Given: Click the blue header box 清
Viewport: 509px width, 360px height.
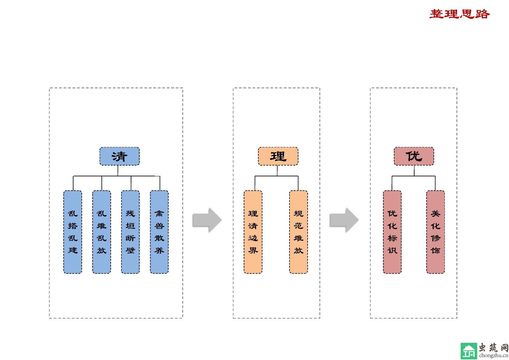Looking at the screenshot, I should click(x=119, y=156).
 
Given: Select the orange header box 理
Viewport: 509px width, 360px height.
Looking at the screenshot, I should click(x=278, y=156).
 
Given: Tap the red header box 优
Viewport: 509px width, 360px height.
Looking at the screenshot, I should click(x=414, y=156).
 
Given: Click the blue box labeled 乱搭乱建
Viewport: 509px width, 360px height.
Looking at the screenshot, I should click(x=73, y=232).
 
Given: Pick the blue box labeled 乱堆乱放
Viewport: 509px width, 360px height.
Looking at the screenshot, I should click(x=101, y=232).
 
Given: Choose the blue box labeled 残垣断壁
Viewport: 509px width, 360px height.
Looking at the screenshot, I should click(x=130, y=232).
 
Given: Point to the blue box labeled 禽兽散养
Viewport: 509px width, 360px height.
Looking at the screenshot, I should click(x=159, y=232).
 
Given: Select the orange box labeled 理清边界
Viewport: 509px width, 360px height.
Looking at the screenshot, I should click(x=253, y=232).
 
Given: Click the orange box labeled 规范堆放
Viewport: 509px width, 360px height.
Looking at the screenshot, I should click(x=298, y=232).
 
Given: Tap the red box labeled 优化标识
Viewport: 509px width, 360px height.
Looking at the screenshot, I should click(x=392, y=232).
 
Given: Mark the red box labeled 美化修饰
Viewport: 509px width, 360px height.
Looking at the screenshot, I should click(x=436, y=232).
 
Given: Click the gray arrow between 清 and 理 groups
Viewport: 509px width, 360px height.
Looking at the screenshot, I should click(x=207, y=220).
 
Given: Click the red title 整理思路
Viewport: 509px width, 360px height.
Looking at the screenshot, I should click(x=459, y=14).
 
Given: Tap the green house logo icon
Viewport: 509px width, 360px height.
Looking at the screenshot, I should click(x=469, y=351).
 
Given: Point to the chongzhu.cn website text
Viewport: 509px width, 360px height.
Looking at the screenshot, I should click(x=493, y=356).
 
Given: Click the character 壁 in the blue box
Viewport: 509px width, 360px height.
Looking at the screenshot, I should click(x=130, y=251).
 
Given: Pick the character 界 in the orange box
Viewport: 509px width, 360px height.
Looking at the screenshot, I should click(x=253, y=251).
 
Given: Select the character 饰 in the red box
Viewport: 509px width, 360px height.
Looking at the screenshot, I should click(x=436, y=251).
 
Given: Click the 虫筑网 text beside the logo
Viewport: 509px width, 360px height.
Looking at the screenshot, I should click(x=493, y=347).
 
